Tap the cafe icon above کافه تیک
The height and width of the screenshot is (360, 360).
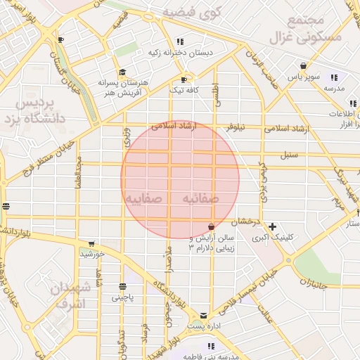click(184, 79)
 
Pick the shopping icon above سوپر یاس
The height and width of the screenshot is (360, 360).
click(302, 65)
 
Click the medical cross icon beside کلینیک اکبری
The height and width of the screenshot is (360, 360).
click(272, 226)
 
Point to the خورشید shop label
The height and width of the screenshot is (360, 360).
click(94, 253)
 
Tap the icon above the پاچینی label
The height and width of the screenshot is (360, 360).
click(124, 286)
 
